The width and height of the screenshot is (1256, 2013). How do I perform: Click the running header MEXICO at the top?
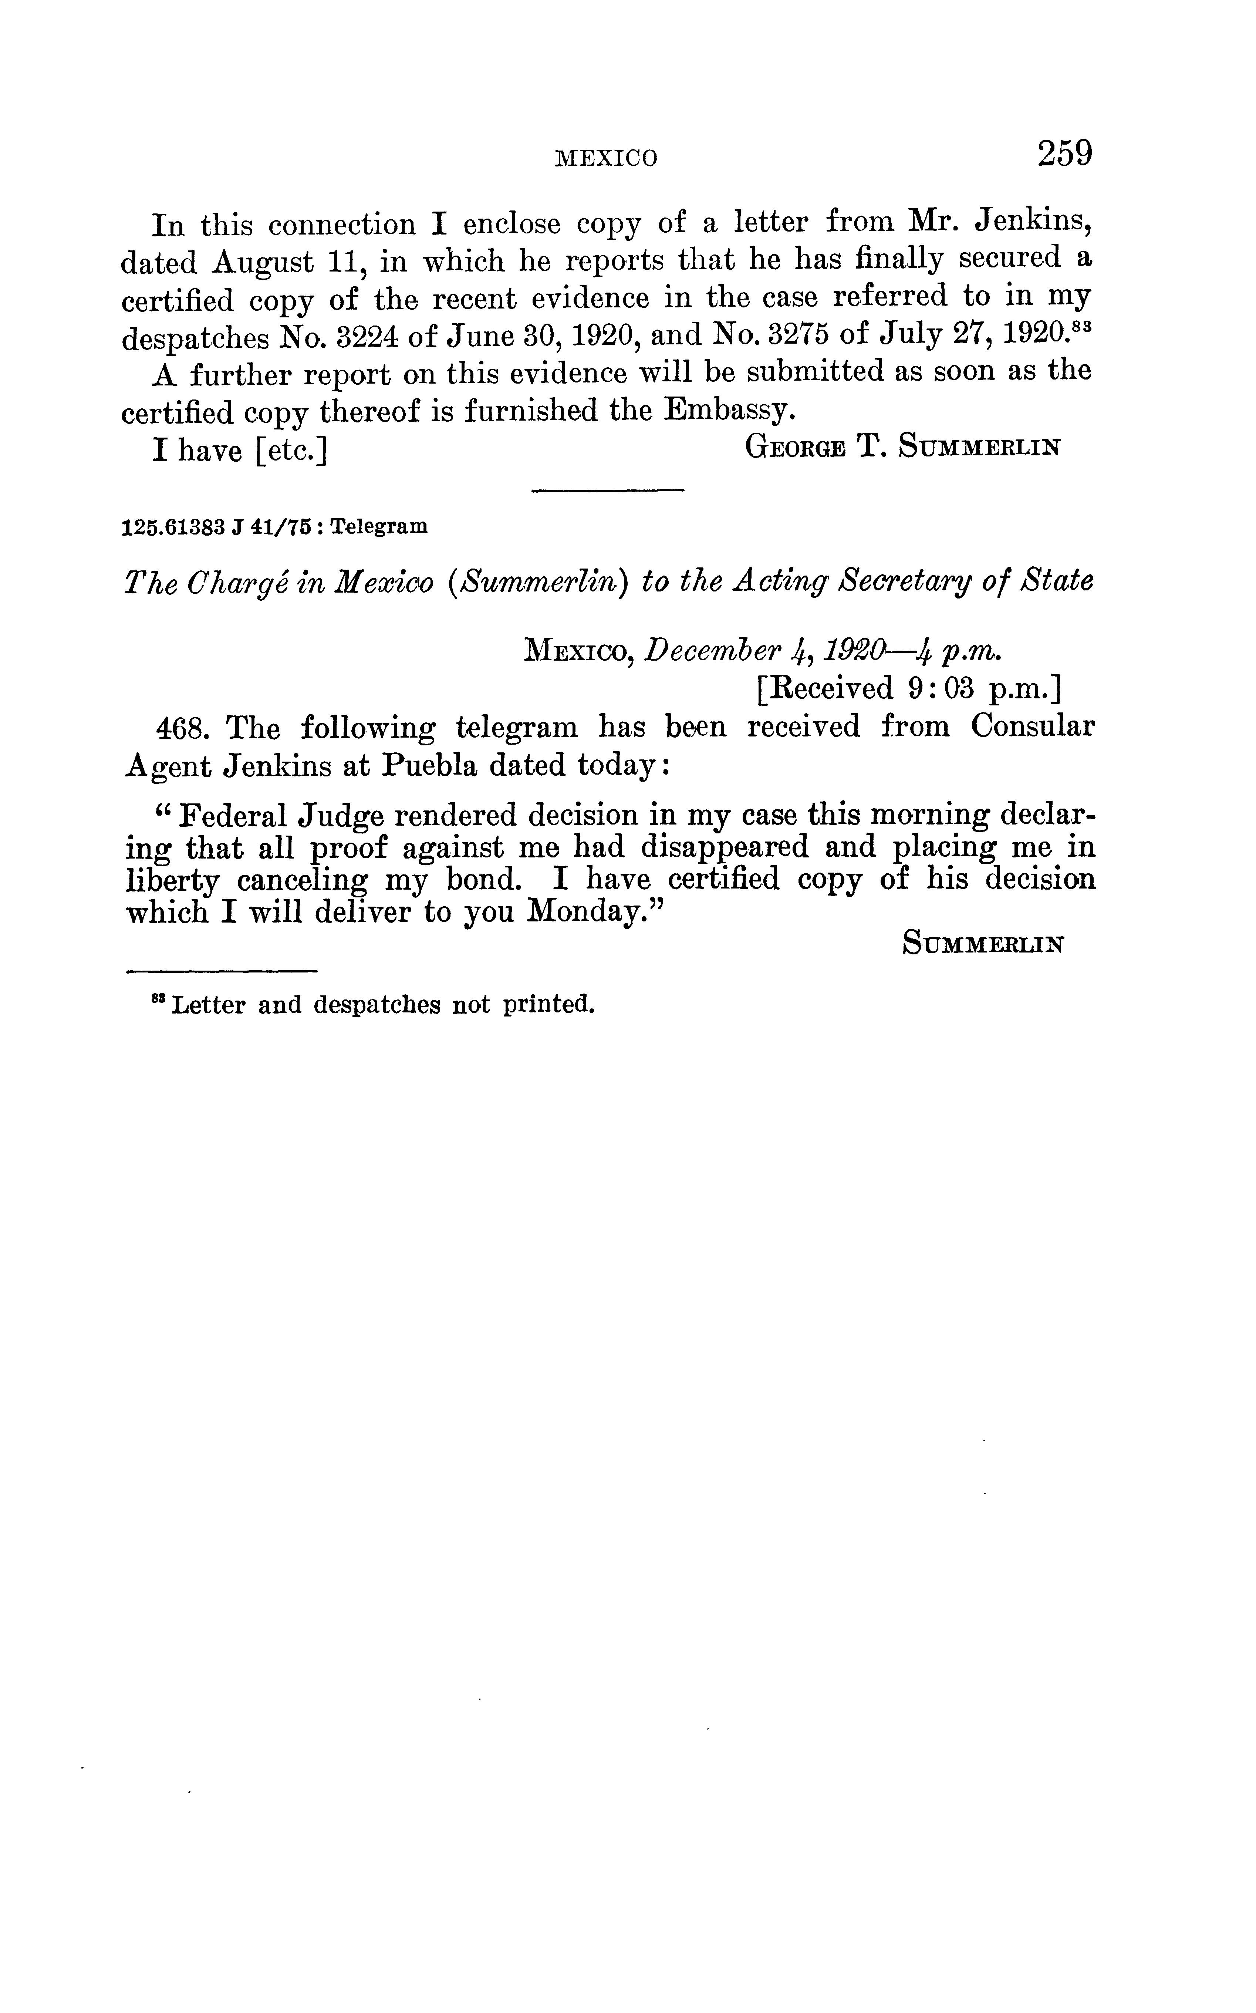click(x=605, y=158)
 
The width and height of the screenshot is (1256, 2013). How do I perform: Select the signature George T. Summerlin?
click(x=903, y=448)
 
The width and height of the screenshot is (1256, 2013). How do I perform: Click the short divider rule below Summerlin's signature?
click(x=607, y=492)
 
